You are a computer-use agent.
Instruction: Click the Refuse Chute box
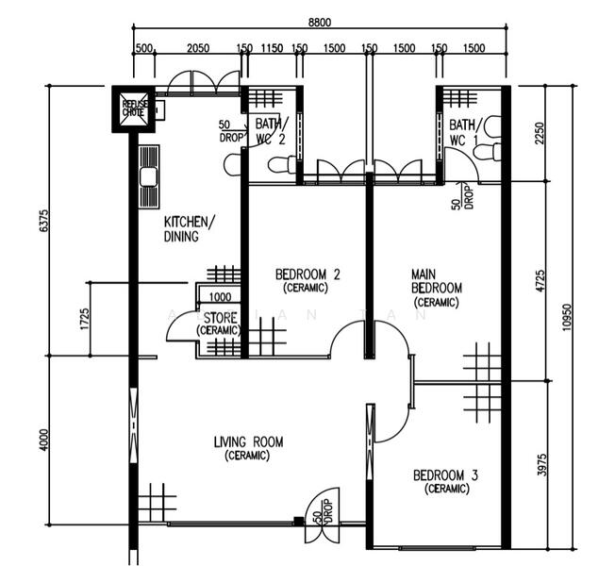133,109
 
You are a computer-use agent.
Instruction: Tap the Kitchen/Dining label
189,229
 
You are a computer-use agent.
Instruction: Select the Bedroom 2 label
307,280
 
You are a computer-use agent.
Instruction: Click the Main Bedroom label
436,288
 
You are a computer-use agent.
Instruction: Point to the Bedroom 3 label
445,481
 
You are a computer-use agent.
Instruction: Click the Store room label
218,324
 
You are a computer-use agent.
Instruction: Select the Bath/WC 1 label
464,132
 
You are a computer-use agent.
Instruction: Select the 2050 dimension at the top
198,48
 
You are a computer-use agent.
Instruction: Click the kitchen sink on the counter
148,176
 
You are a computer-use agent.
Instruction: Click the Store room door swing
180,327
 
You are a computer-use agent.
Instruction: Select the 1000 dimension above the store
221,295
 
